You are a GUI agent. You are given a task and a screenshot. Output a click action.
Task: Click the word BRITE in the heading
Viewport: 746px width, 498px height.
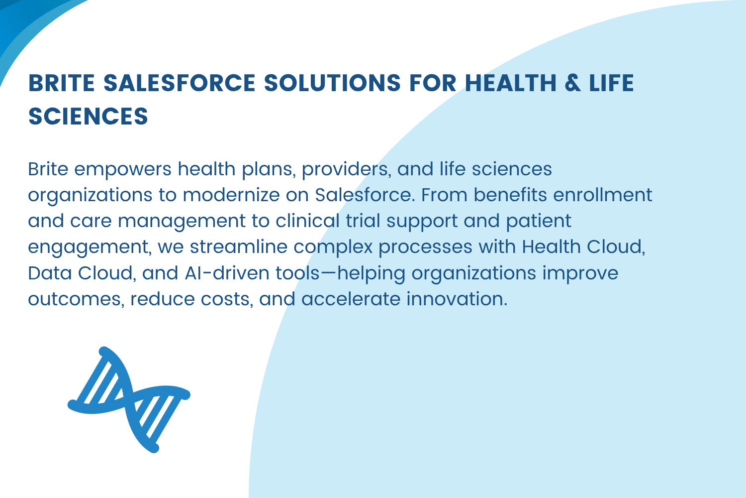click(62, 83)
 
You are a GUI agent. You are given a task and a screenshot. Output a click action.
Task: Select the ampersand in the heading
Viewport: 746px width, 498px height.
click(573, 83)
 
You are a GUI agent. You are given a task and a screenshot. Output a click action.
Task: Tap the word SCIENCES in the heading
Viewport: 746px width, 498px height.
click(88, 116)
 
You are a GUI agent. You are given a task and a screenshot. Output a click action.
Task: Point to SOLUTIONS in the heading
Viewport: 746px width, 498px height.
click(332, 83)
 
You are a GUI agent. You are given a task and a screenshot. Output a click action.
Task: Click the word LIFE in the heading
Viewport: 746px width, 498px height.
click(611, 83)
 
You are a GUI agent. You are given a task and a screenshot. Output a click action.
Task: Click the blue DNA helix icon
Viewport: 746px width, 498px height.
click(129, 399)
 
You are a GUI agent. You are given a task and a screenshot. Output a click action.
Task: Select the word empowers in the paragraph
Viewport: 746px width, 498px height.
click(122, 170)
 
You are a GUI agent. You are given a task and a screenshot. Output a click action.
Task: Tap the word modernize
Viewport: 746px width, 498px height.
click(231, 195)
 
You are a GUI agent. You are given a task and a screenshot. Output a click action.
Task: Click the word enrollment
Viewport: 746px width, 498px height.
click(602, 195)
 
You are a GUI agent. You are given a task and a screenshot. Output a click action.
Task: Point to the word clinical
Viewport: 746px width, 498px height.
click(307, 221)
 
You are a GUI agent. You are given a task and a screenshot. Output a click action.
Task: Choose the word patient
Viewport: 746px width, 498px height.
click(539, 222)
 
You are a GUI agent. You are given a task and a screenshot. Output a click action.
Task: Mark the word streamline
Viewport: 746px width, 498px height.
click(238, 247)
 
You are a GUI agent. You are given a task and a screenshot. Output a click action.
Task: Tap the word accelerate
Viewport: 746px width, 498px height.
click(351, 299)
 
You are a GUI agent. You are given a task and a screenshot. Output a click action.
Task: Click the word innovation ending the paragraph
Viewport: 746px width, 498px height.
click(457, 299)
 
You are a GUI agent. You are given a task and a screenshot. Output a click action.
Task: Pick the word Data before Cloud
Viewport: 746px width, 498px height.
click(50, 273)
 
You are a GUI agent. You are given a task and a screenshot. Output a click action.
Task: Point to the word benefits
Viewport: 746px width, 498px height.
click(510, 195)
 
